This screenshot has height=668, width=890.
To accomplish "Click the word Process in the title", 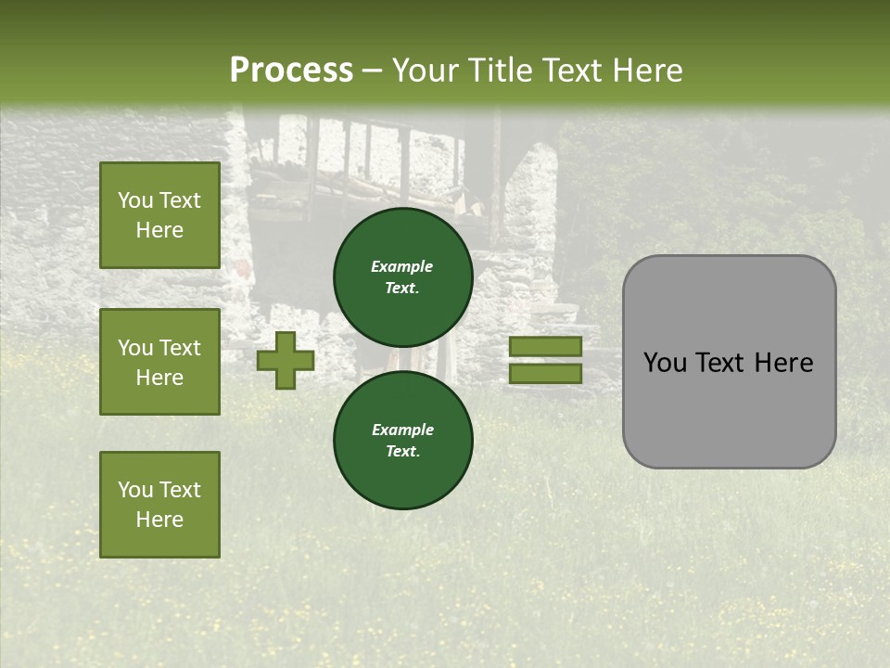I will coord(291,71).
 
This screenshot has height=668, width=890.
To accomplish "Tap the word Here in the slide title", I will coord(645,71).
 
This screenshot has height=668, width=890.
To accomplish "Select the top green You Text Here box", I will coord(159,215).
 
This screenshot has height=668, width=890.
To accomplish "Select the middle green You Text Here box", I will coord(159,362).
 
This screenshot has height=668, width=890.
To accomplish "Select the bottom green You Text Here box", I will coord(159,505).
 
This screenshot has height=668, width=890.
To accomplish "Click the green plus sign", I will coord(286,361).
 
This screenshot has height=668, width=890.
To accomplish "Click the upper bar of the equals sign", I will coord(545,347).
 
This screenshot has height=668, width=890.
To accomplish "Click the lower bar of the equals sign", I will coord(545,374).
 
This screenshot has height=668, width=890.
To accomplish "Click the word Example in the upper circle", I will coord(402,266).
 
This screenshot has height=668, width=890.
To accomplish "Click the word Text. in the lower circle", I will coord(402,452).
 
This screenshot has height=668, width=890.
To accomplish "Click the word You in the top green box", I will coord(134,200).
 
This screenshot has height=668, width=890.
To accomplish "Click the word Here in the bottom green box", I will coord(159,520).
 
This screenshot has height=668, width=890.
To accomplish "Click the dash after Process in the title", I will coord(373,71).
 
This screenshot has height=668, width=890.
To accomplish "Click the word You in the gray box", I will coord(665,363).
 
